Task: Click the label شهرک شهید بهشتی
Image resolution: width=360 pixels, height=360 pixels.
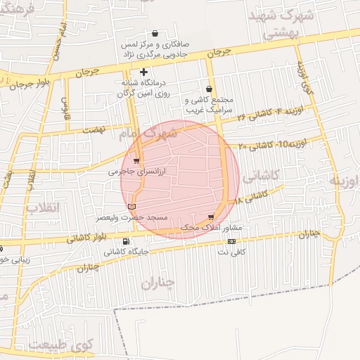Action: click(274, 23)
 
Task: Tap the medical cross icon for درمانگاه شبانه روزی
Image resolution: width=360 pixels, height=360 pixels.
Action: click(144, 72)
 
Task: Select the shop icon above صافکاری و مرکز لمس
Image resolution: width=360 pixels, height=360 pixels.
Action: click(155, 33)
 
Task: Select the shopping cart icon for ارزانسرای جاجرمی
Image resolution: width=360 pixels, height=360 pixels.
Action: click(136, 161)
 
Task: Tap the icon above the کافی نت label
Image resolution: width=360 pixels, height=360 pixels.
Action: click(231, 241)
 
